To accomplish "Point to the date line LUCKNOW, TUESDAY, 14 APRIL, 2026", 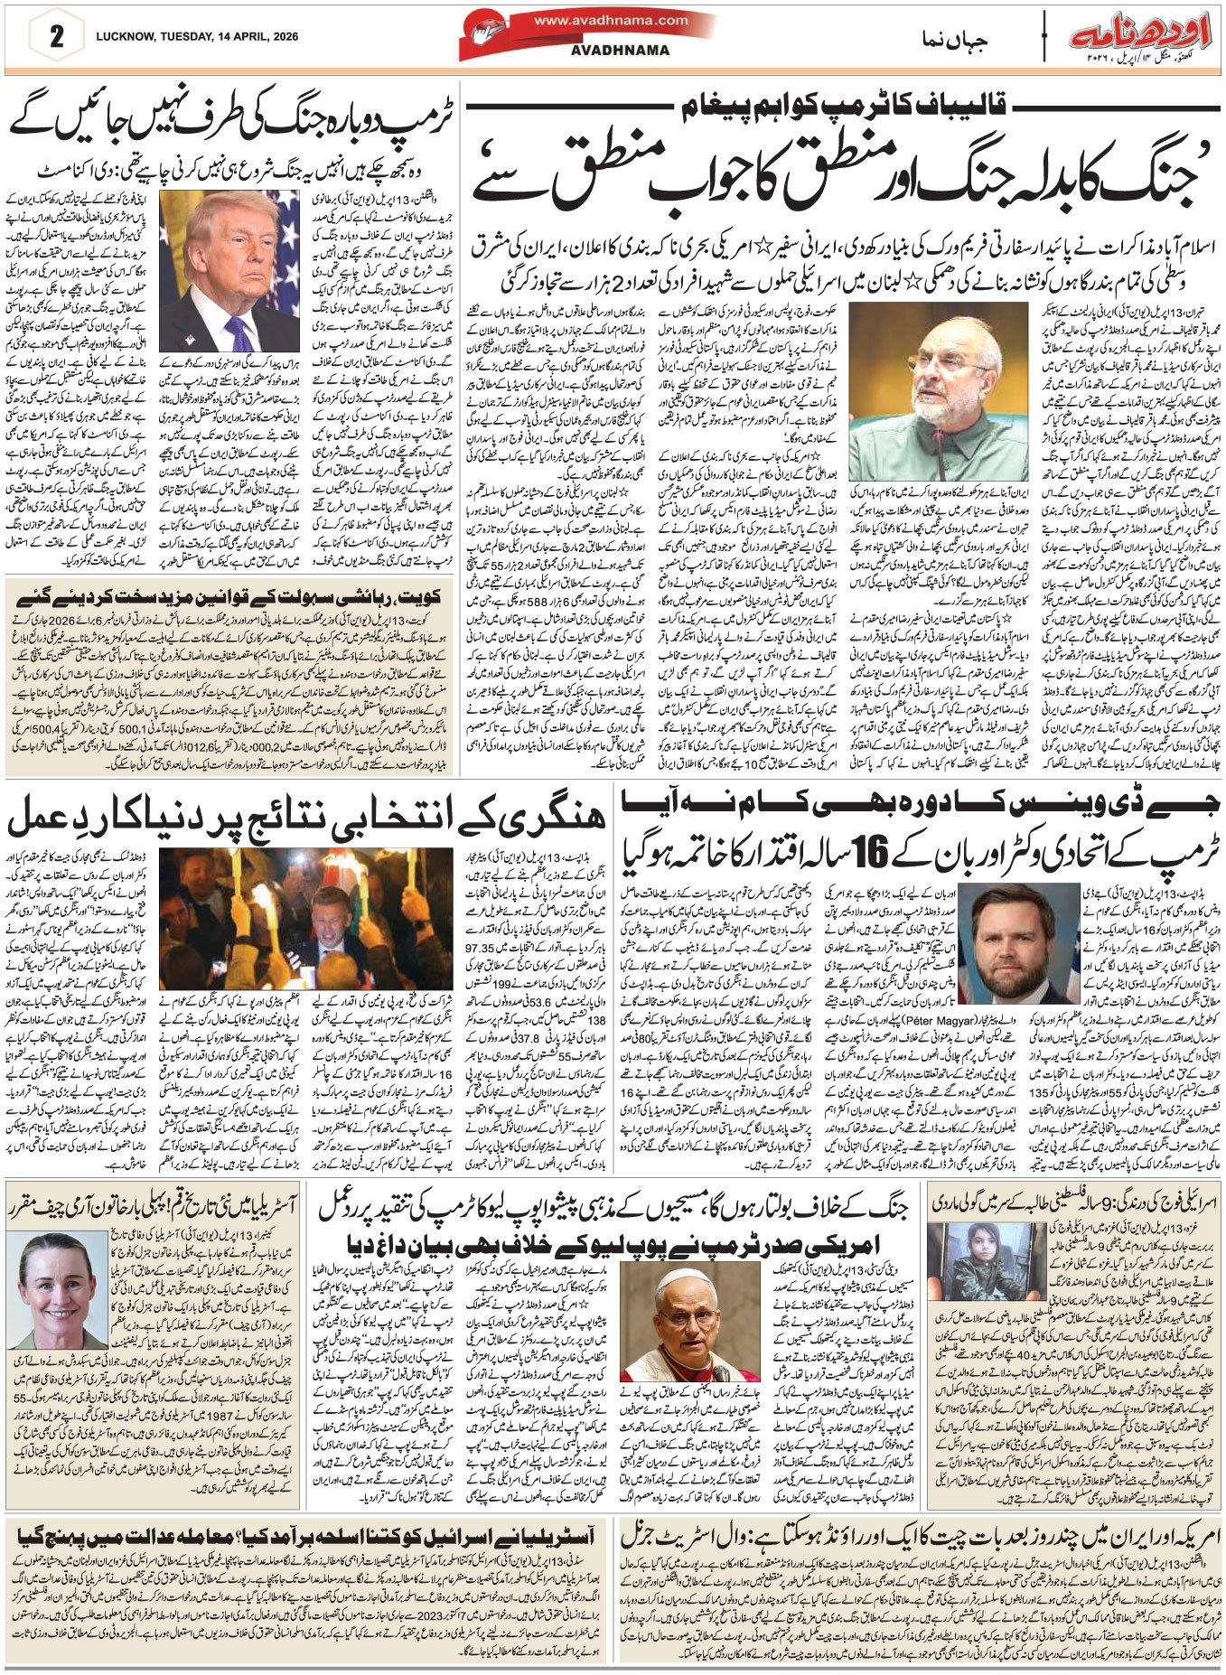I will click(194, 37).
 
